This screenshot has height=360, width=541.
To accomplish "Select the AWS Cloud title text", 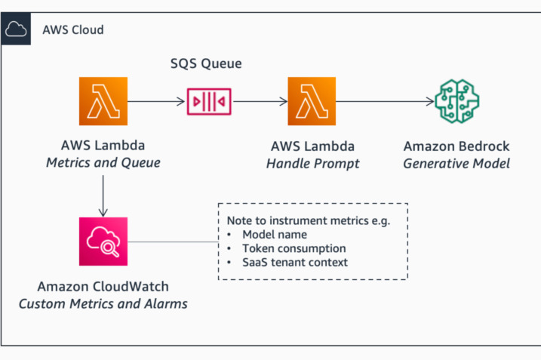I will tap(73, 30).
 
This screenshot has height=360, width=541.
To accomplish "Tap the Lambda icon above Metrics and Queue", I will tap(103, 100).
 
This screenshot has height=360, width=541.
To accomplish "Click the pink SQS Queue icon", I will tap(209, 100).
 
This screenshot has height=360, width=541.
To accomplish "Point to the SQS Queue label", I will tap(205, 64).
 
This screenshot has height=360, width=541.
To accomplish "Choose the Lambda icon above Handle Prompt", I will tap(312, 100).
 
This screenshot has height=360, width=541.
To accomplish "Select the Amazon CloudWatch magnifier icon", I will tap(103, 242).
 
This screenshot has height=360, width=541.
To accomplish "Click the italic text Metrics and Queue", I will tap(103, 162).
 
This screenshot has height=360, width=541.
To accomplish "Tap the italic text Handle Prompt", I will tap(312, 162).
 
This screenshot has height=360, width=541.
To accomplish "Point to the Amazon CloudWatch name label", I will tap(103, 288).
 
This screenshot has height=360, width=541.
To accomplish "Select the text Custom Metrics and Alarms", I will tap(103, 303).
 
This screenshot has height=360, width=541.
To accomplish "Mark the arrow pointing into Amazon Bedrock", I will tap(386, 100).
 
